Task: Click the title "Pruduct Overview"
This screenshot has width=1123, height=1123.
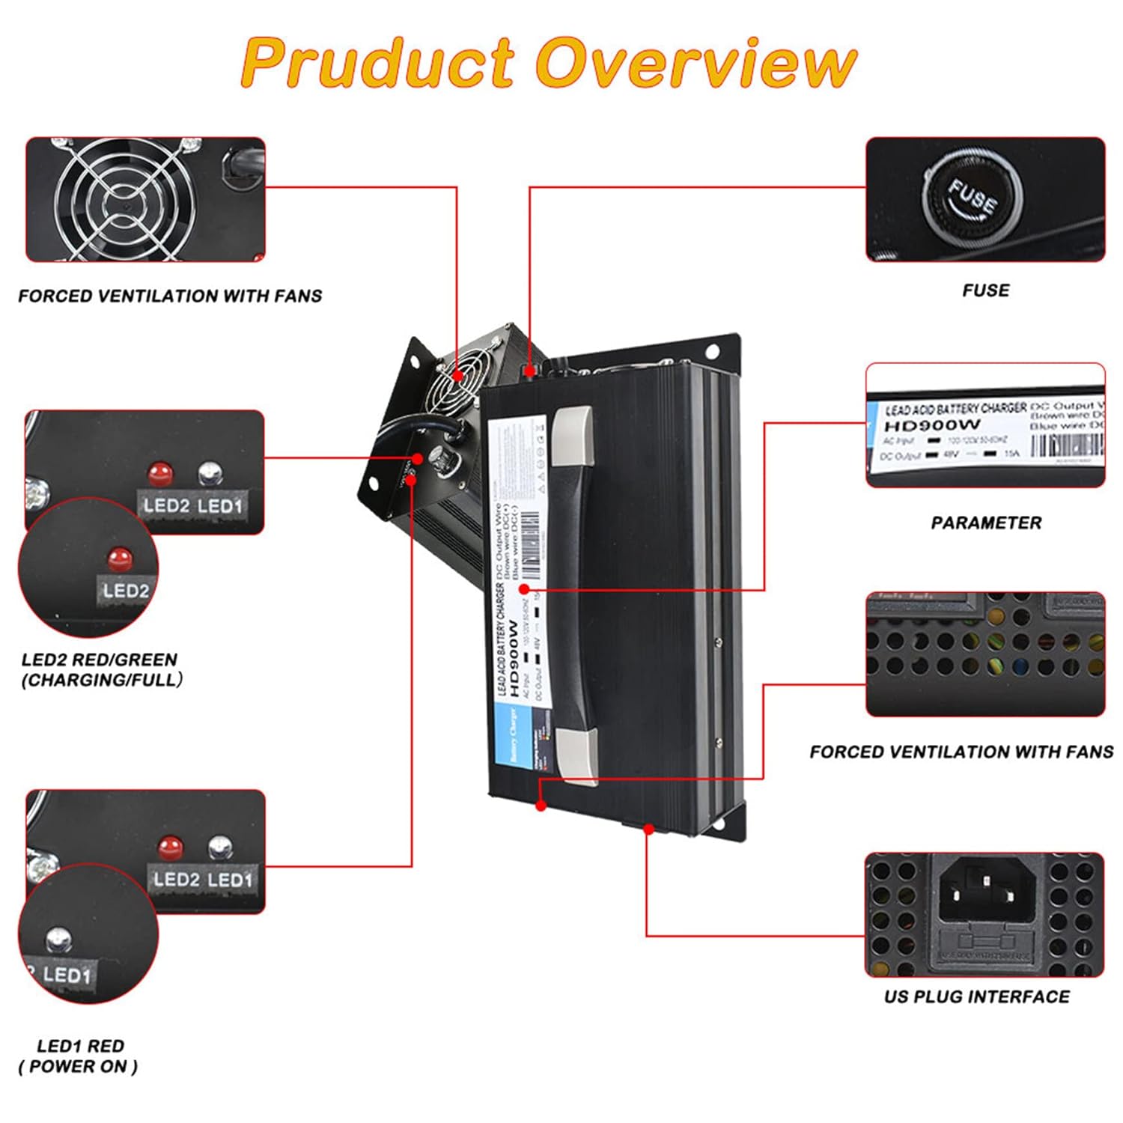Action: pos(549,63)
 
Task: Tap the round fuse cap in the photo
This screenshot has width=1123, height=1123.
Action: pos(973,197)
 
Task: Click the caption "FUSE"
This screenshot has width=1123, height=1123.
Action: pos(985,290)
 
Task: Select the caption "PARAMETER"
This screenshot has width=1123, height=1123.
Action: pos(985,523)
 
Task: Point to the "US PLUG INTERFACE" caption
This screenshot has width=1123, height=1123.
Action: pos(976,996)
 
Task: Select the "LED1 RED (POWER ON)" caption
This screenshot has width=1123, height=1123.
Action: pos(79,1056)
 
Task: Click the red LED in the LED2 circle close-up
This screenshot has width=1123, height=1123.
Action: pos(119,557)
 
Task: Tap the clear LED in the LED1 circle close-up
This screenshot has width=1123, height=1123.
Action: pos(59,939)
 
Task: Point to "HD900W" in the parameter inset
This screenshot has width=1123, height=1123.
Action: pos(932,425)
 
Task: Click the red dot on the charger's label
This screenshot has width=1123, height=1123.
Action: pos(524,590)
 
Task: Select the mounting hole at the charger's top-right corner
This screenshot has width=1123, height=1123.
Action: pos(711,350)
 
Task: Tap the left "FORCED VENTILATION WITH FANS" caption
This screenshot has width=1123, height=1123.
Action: pos(170,296)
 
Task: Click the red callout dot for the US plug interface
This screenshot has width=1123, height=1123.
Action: pos(648,829)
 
